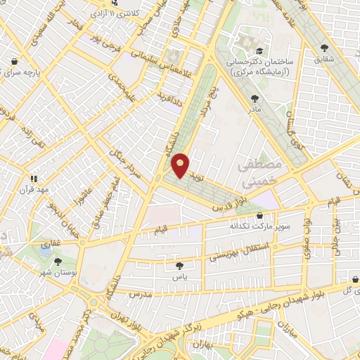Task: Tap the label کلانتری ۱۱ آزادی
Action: [x=124, y=13]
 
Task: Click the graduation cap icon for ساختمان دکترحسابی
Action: [x=259, y=51]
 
